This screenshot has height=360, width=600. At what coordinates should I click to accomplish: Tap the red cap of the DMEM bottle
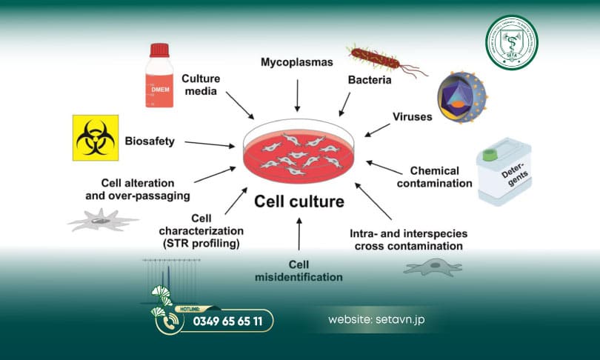[x=160, y=50]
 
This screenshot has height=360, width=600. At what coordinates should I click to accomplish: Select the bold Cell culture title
[x=299, y=201]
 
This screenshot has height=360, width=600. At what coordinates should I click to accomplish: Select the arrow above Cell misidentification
[x=299, y=235]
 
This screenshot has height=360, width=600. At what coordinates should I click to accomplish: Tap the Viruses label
[x=412, y=116]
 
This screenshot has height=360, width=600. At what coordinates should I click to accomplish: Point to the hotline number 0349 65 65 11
[x=227, y=321]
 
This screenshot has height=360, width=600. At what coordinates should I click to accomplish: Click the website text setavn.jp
[x=376, y=321]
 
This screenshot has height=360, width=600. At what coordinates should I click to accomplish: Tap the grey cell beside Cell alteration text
[x=102, y=219]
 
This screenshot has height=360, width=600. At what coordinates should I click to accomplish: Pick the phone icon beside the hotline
[x=170, y=321]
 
